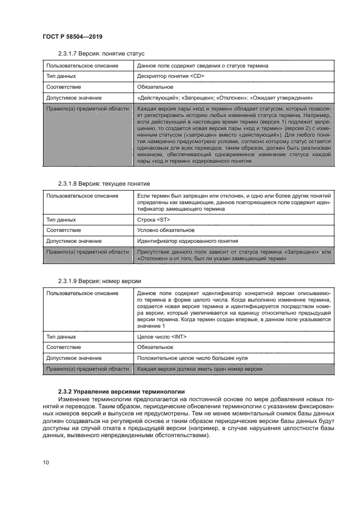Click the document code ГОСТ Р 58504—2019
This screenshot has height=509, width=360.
(x=72, y=36)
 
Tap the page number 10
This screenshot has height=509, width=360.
(x=46, y=462)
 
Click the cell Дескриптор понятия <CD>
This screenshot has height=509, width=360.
(x=170, y=76)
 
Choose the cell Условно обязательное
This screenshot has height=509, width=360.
(x=166, y=230)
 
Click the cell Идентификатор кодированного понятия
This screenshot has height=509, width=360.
(x=187, y=241)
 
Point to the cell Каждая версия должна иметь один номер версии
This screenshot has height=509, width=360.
(x=200, y=369)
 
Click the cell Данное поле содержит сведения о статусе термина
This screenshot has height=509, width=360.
(x=203, y=65)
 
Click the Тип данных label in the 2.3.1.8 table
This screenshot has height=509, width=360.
(x=61, y=219)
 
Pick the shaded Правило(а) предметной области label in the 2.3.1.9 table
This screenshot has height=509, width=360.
(x=87, y=369)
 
